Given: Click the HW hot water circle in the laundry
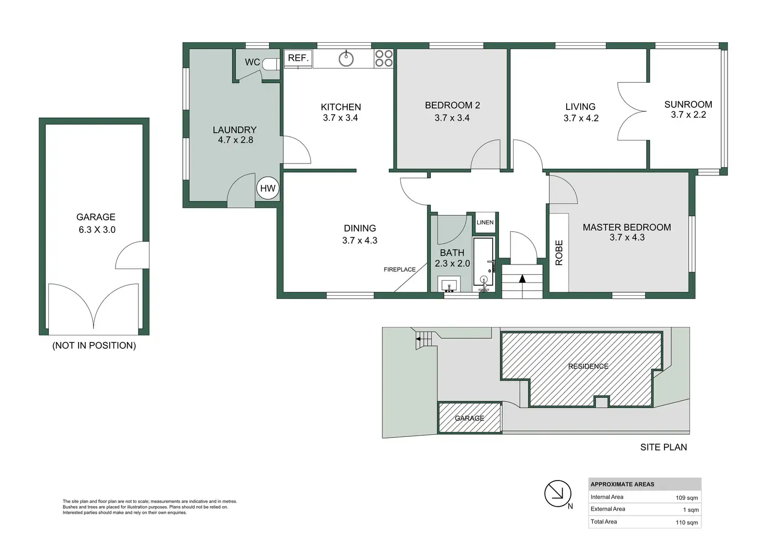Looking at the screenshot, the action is click(x=268, y=188).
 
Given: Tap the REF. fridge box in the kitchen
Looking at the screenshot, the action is click(x=298, y=58).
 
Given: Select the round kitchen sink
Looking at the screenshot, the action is click(x=346, y=58).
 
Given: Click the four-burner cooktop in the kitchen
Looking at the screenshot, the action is click(x=384, y=58).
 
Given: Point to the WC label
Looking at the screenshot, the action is click(x=252, y=62).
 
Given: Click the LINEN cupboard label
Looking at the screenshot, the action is click(x=485, y=222).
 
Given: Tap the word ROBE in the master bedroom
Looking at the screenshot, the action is click(x=559, y=253).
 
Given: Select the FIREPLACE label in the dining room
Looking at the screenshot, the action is click(x=400, y=270).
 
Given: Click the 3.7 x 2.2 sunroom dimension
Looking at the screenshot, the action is click(x=688, y=115).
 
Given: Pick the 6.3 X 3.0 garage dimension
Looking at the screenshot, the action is click(x=97, y=230).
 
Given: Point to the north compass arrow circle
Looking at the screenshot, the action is click(x=558, y=494).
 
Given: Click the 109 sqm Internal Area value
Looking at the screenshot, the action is click(x=687, y=498).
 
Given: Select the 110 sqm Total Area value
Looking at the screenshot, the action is click(x=687, y=523).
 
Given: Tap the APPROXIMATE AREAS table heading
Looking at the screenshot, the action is click(x=622, y=484).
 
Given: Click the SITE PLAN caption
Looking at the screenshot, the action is click(x=663, y=447).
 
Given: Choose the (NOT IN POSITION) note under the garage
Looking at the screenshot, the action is click(x=94, y=346).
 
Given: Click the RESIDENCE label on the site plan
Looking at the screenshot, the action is click(x=588, y=367).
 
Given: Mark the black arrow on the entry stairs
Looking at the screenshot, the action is click(x=522, y=279).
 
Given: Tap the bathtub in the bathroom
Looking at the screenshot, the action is click(x=483, y=262).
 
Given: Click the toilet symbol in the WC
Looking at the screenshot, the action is click(x=272, y=64).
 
